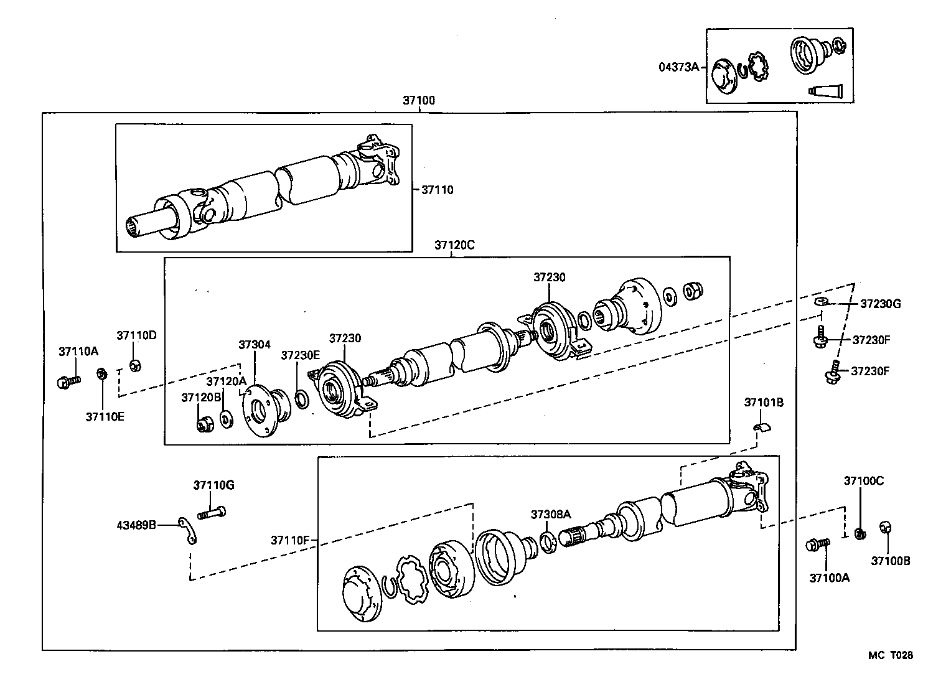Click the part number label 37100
(x=418, y=100)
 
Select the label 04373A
(x=679, y=67)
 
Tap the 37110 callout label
(x=437, y=190)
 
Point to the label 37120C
(x=454, y=245)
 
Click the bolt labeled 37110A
(x=67, y=381)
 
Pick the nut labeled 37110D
(x=134, y=365)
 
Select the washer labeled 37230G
(x=821, y=302)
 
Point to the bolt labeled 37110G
(x=212, y=513)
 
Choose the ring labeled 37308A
(x=548, y=542)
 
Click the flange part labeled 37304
(x=265, y=411)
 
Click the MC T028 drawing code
(x=891, y=655)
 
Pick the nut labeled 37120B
(x=204, y=426)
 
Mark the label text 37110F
(x=289, y=540)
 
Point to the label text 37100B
(x=890, y=561)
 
